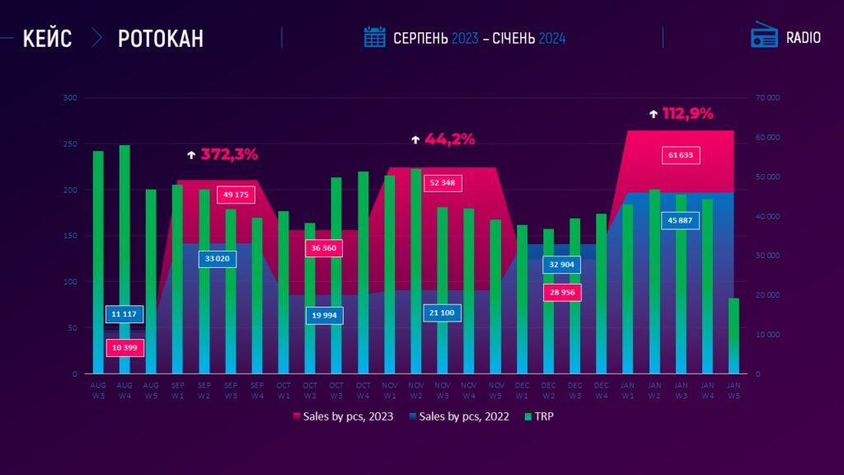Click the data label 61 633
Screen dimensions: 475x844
pyautogui.click(x=681, y=155)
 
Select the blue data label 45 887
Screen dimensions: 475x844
pyautogui.click(x=681, y=220)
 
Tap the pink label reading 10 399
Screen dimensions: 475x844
pyautogui.click(x=125, y=348)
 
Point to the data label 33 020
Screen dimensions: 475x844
pyautogui.click(x=218, y=259)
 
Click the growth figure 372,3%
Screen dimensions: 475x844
pyautogui.click(x=230, y=154)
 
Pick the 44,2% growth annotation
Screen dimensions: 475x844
pyautogui.click(x=450, y=139)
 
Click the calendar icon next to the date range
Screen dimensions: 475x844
pyautogui.click(x=375, y=37)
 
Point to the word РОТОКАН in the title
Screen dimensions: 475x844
pyautogui.click(x=161, y=38)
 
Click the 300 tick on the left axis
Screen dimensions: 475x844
pyautogui.click(x=70, y=98)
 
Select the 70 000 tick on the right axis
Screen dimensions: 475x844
pyautogui.click(x=767, y=98)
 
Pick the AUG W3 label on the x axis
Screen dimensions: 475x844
pyautogui.click(x=98, y=388)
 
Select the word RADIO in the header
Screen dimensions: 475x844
pyautogui.click(x=803, y=38)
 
